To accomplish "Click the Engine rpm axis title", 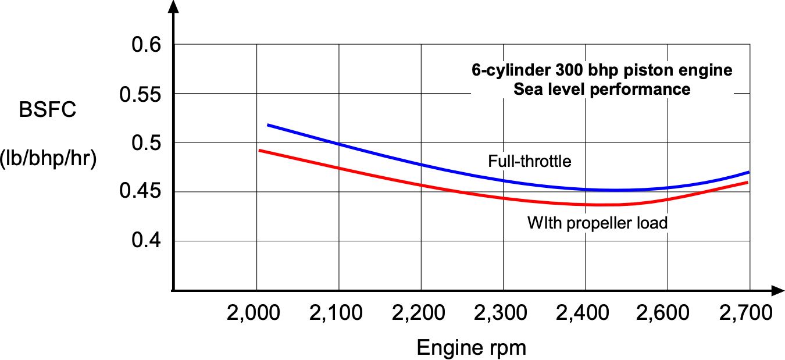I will click(472, 348).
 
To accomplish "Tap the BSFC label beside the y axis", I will click(47, 111).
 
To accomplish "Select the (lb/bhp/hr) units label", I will click(48, 158).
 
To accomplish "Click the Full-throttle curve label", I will click(530, 161).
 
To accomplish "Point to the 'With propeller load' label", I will click(597, 223).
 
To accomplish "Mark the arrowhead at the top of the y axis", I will click(172, 7).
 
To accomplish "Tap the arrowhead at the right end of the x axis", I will click(777, 290).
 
